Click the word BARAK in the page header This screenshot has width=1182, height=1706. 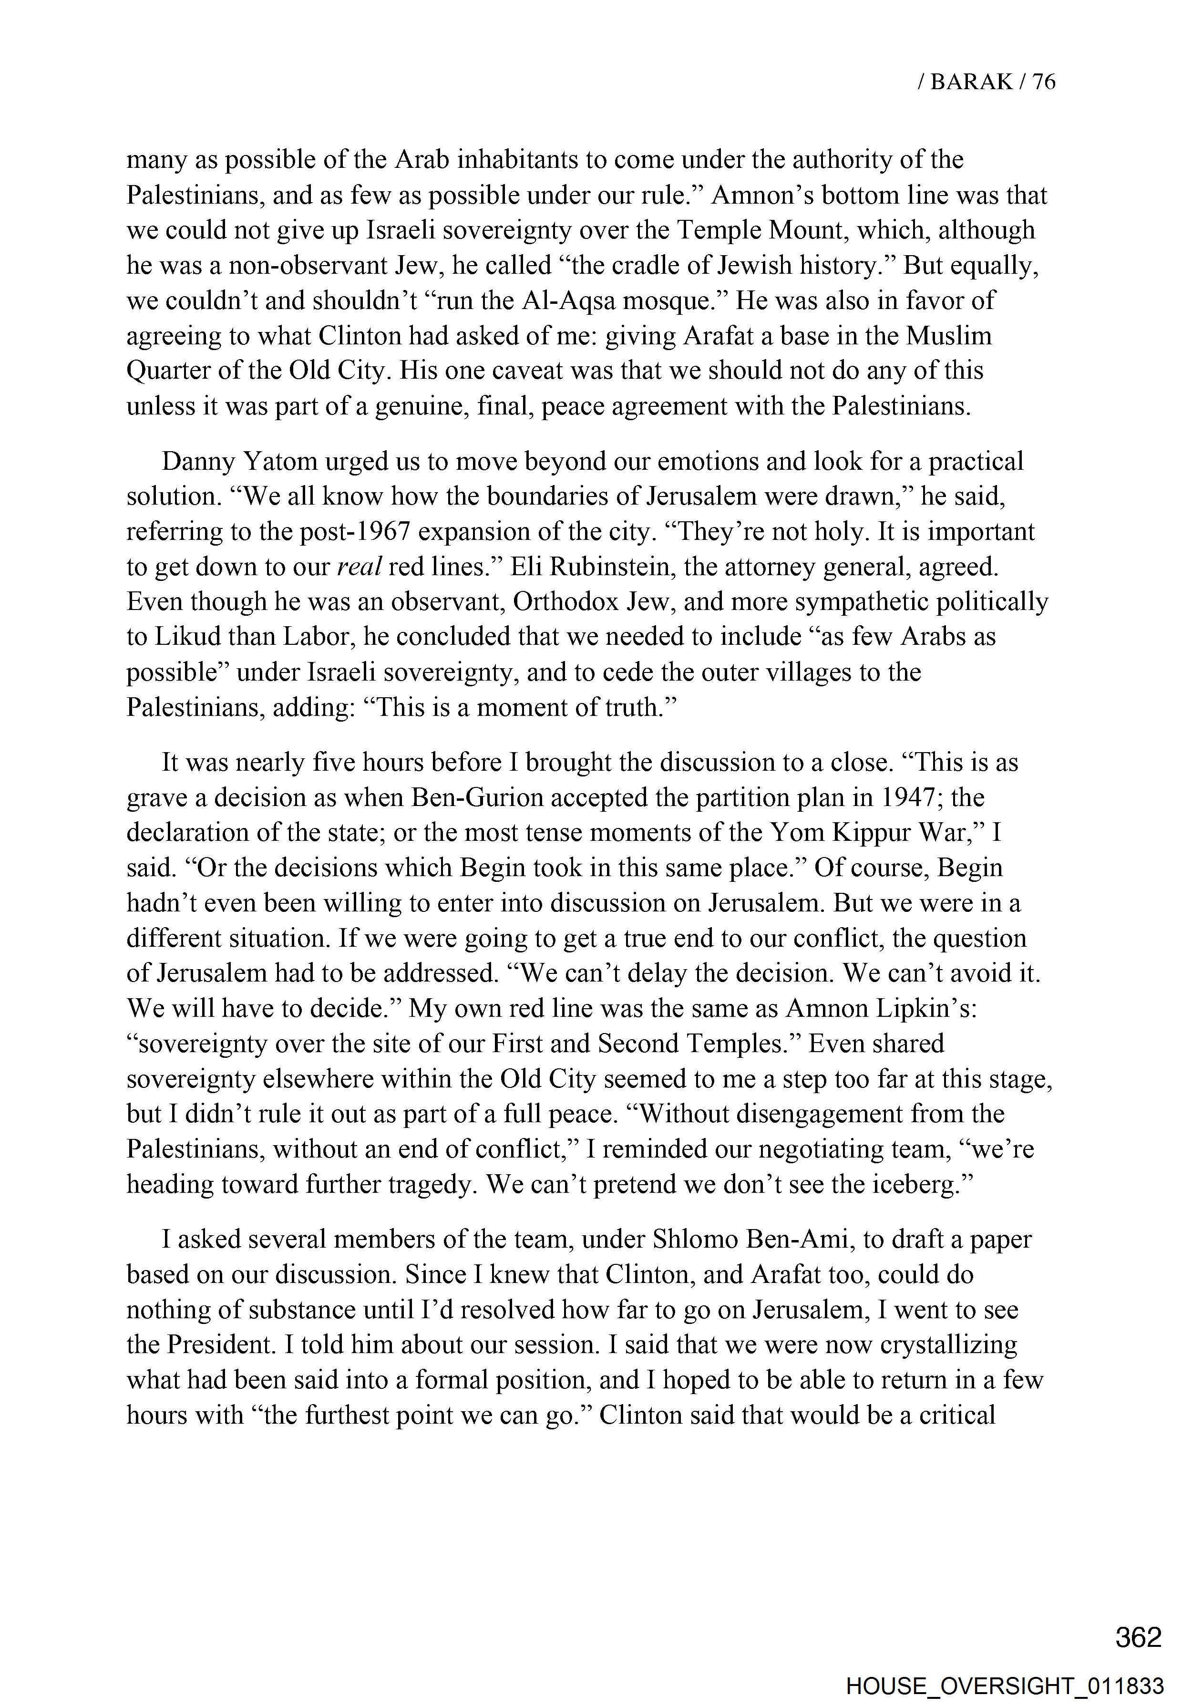click(x=971, y=82)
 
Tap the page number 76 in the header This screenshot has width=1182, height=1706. click(x=1043, y=82)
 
